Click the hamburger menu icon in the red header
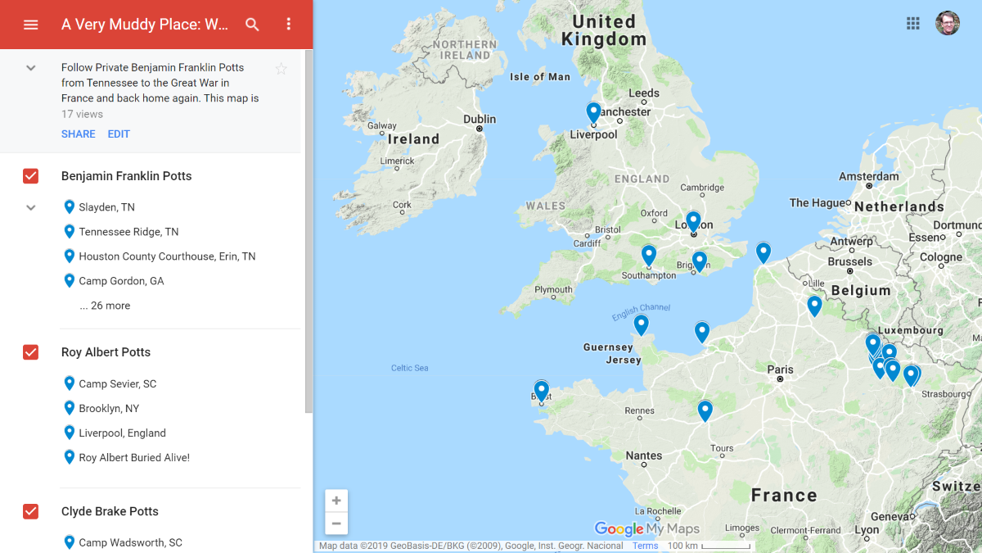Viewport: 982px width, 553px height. point(31,25)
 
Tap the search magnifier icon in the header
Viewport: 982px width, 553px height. point(252,25)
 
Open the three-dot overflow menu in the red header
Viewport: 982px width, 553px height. point(288,25)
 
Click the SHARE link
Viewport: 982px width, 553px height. point(78,134)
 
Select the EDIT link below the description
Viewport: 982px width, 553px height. point(119,134)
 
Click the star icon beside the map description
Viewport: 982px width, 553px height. point(281,69)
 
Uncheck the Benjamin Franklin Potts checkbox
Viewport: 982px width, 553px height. point(31,176)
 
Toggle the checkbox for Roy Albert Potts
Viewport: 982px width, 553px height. point(31,352)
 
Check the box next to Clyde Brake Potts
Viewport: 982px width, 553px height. point(31,511)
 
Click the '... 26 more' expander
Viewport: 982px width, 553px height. point(105,306)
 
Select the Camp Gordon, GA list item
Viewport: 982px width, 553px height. point(121,281)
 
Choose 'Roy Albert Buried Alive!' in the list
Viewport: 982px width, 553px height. point(134,458)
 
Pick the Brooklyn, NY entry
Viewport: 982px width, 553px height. point(109,408)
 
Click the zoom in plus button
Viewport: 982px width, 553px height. point(336,501)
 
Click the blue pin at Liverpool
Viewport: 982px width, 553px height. point(593,112)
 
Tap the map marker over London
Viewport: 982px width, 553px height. point(693,220)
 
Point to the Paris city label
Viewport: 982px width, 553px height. point(780,370)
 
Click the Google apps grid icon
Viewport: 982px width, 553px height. point(913,23)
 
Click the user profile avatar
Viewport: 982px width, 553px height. point(948,23)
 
